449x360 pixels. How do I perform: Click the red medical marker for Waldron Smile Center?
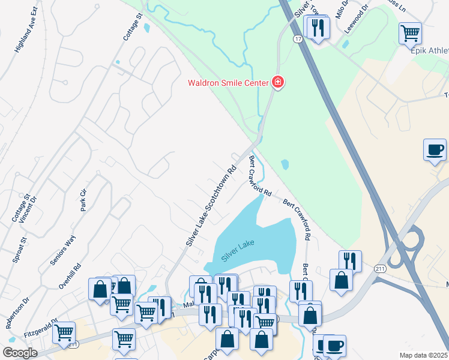[277, 82]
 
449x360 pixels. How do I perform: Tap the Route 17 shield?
[297, 39]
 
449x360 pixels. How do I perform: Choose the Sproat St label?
[19, 250]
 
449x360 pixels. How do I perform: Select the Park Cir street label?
[83, 200]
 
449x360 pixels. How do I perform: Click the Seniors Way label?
[62, 250]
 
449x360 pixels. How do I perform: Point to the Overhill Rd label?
[76, 277]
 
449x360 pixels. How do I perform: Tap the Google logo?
[20, 353]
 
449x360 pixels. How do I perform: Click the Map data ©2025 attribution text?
[423, 355]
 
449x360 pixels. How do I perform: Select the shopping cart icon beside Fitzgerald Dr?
[64, 332]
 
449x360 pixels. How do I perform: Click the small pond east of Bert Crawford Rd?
[285, 164]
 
